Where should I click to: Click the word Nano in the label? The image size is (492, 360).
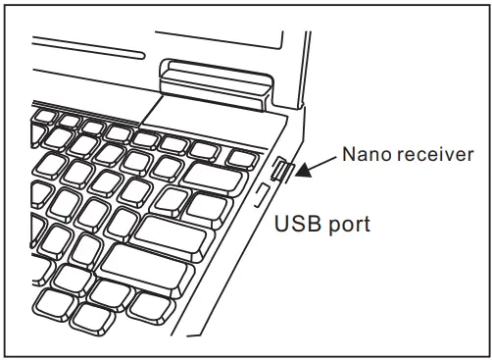[x=362, y=154]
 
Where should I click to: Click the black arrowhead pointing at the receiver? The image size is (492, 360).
[x=306, y=170]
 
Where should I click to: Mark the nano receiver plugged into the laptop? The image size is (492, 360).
[x=281, y=171]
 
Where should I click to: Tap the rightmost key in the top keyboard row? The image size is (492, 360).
[x=238, y=157]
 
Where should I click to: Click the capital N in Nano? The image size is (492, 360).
[x=345, y=154]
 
